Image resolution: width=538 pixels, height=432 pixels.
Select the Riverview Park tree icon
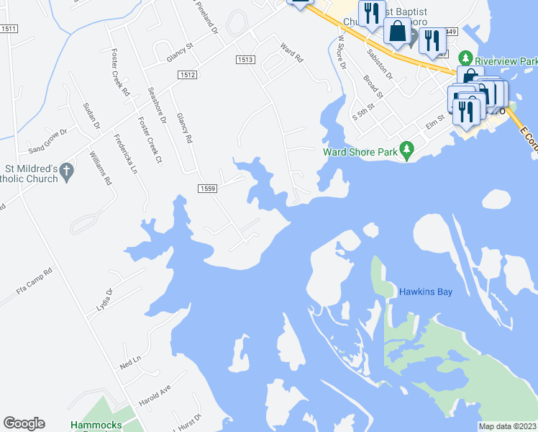465,57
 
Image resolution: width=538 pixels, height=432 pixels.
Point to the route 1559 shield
207,188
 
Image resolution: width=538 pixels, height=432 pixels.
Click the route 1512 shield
188,74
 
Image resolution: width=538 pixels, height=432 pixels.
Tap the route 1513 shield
245,60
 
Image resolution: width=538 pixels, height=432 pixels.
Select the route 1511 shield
9,27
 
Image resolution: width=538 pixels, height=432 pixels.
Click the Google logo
24,423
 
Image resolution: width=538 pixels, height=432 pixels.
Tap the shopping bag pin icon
397,31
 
